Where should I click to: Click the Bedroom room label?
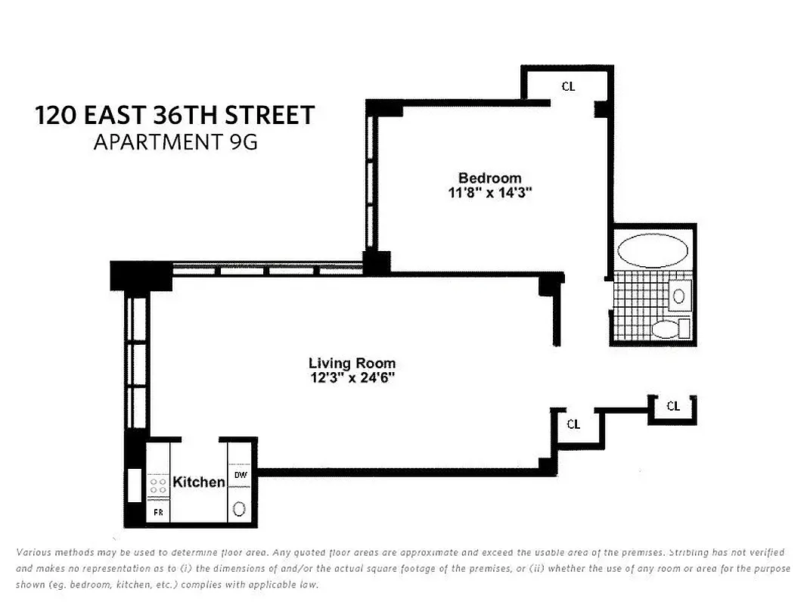(x=489, y=178)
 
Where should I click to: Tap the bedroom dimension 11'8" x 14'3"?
(x=489, y=193)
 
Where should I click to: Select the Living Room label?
(x=352, y=363)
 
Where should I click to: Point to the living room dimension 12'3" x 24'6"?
(x=352, y=377)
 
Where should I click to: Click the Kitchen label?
(x=199, y=482)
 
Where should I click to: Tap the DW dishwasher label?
(x=240, y=475)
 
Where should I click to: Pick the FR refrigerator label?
(x=159, y=511)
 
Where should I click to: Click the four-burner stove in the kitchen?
(x=159, y=485)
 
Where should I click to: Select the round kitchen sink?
(x=239, y=508)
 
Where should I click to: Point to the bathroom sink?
(x=680, y=293)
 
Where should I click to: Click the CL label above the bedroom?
(x=568, y=86)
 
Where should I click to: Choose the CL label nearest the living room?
(x=573, y=424)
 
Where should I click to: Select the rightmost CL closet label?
(x=673, y=406)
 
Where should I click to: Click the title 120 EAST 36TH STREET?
(x=175, y=116)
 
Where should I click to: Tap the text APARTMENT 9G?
(x=175, y=142)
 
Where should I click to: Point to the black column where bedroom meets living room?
(x=376, y=262)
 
